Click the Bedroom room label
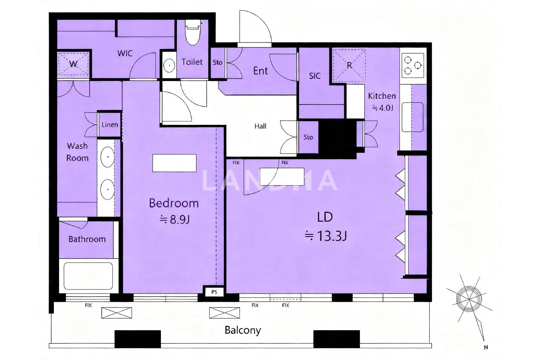point(174,203)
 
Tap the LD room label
point(325,217)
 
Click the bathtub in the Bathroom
point(88,276)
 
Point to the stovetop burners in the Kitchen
point(413,65)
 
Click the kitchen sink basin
point(413,117)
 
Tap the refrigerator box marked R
point(349,66)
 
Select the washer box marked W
point(73,64)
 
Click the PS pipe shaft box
point(214,292)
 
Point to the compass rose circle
point(469,299)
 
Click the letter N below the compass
point(486,347)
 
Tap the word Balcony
point(243,330)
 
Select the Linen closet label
point(110,125)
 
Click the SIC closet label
point(315,76)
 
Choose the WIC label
point(125,53)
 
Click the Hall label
point(260,126)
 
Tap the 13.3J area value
point(326,236)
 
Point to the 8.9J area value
point(175,220)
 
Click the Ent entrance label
point(260,71)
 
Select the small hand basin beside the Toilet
point(169,66)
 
